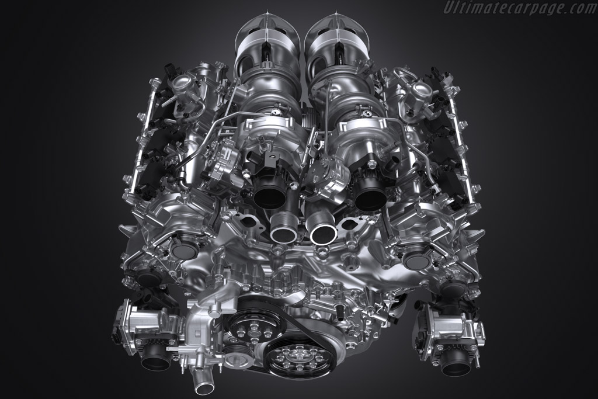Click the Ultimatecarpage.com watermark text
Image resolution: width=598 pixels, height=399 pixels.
point(520,7)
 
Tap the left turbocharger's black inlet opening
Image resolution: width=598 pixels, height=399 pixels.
point(270,193)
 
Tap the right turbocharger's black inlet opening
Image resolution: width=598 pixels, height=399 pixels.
point(370,195)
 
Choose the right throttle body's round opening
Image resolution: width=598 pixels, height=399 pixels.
point(456,365)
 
